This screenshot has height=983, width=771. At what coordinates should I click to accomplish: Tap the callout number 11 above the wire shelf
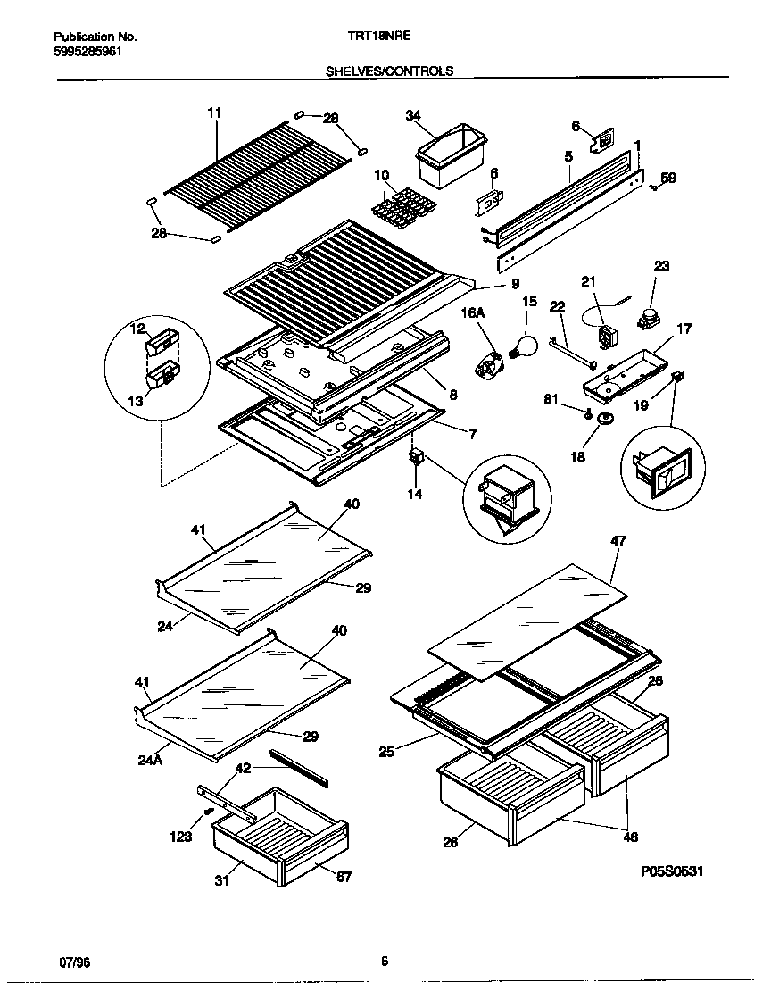(214, 112)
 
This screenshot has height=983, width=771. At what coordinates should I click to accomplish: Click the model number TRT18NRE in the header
(375, 37)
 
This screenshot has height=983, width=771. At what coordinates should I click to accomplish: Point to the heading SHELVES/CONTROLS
(389, 71)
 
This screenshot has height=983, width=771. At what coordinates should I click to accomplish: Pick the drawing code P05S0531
(671, 871)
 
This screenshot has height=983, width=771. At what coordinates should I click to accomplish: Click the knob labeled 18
(608, 421)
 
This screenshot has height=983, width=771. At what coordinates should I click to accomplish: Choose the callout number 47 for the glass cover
(618, 540)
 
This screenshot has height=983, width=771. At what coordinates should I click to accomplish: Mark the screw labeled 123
(208, 811)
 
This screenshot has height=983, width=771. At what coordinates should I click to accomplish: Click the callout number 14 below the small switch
(415, 493)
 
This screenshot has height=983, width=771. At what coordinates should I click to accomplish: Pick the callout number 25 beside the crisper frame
(385, 752)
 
